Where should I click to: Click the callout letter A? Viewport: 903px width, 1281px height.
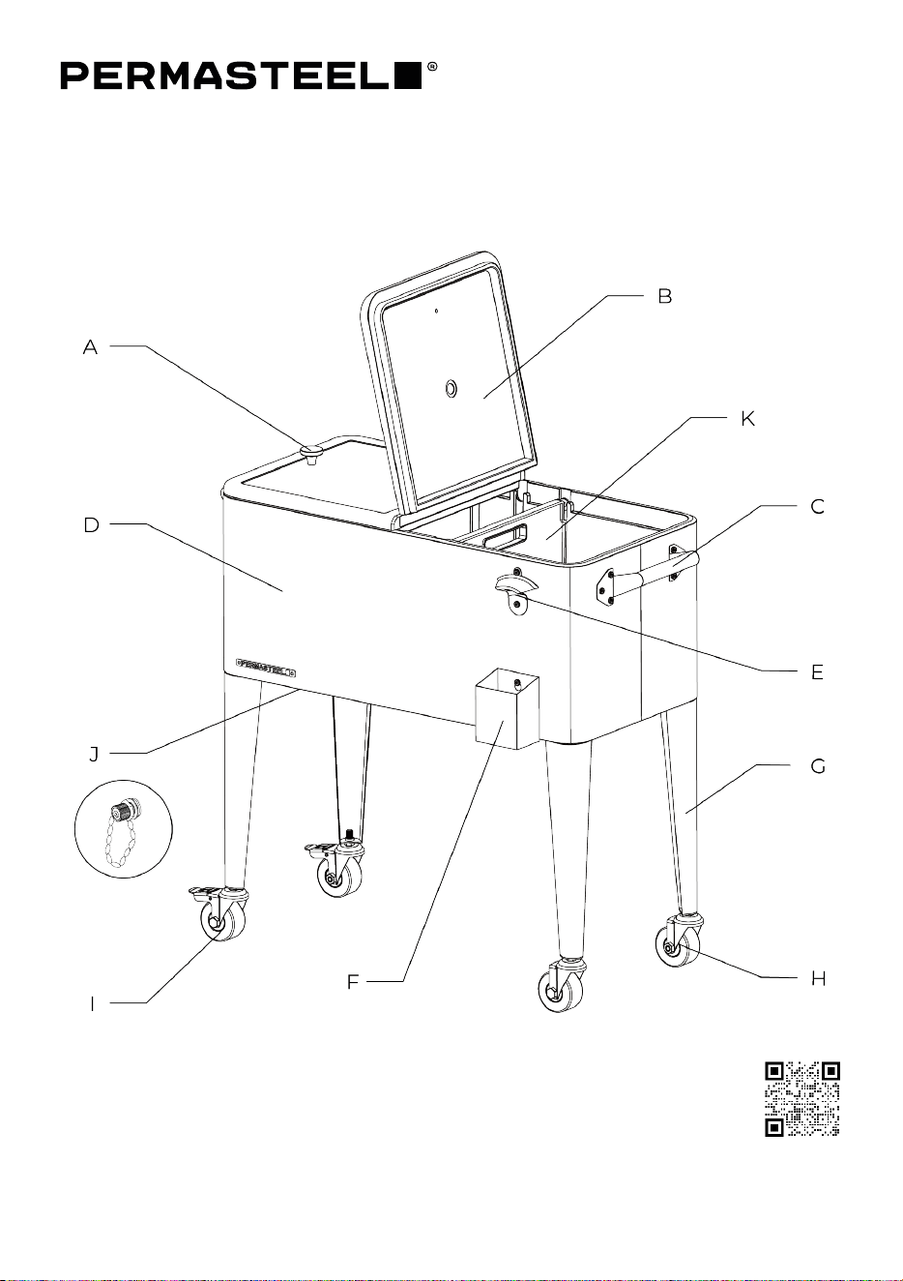[x=90, y=347]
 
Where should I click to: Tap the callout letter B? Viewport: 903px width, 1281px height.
[x=664, y=296]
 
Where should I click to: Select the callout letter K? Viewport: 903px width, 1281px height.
[x=747, y=419]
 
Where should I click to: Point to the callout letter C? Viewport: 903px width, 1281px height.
[x=817, y=507]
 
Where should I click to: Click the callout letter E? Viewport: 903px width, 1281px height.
[x=817, y=672]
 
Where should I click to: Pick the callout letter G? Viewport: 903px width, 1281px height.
[x=818, y=765]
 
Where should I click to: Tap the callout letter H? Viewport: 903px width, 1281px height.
[x=819, y=979]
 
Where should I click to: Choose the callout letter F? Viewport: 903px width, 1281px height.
[x=353, y=982]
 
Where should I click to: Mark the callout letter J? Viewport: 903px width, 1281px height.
[x=95, y=754]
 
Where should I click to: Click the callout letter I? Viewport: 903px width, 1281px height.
[x=92, y=1004]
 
